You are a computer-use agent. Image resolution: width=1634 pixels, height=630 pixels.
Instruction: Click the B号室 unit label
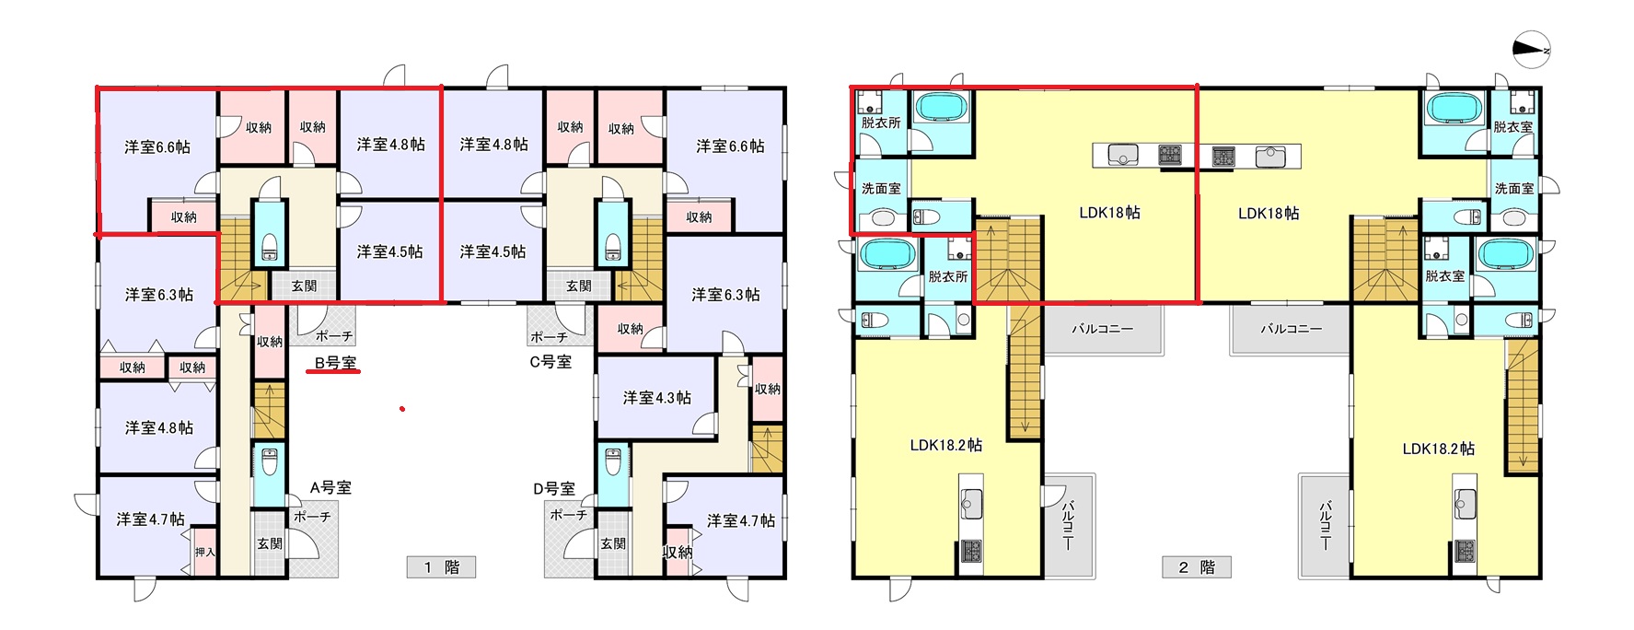pyautogui.click(x=336, y=362)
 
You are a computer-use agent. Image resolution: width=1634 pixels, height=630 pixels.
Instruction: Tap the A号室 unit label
pyautogui.click(x=330, y=487)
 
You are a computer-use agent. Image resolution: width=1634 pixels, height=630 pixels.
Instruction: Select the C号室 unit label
pyautogui.click(x=550, y=362)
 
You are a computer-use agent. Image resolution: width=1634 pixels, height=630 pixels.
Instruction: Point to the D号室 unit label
pyautogui.click(x=554, y=488)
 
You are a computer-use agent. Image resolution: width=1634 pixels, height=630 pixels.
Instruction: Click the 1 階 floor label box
pyautogui.click(x=442, y=566)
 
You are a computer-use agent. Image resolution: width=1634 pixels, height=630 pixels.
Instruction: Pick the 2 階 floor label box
pyautogui.click(x=1197, y=566)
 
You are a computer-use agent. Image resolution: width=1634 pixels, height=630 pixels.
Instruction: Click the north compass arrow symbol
pyautogui.click(x=1531, y=51)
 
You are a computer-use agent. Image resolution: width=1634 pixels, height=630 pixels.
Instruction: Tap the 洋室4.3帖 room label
pyautogui.click(x=657, y=398)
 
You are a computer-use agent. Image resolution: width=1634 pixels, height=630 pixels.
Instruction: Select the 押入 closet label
pyautogui.click(x=204, y=552)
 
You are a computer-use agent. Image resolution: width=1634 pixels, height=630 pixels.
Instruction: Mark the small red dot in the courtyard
pyautogui.click(x=402, y=408)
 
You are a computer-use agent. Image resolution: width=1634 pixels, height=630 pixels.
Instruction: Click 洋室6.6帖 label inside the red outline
pyautogui.click(x=157, y=146)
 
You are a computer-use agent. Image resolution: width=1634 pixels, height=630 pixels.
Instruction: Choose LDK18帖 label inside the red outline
pyautogui.click(x=1109, y=213)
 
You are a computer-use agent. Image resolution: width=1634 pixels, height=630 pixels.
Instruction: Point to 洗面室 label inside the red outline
pyautogui.click(x=881, y=188)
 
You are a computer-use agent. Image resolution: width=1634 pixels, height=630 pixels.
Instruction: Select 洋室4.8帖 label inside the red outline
pyautogui.click(x=391, y=144)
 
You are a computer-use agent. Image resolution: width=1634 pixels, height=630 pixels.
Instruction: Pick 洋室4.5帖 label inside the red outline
pyautogui.click(x=390, y=251)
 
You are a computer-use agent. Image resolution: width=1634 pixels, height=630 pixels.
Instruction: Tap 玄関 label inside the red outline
pyautogui.click(x=304, y=286)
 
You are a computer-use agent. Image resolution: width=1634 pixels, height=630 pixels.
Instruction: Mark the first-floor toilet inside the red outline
pyautogui.click(x=269, y=244)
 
